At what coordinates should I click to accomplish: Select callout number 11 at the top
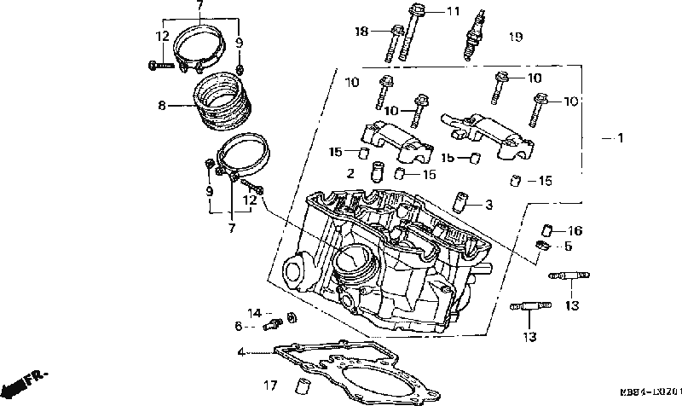point(453,11)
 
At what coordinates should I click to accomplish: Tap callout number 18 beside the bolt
point(361,32)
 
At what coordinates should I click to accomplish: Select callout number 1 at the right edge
point(620,137)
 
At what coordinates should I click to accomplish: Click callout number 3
point(488,205)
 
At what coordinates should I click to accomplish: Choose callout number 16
point(575,230)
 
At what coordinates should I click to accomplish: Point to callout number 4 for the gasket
point(241,351)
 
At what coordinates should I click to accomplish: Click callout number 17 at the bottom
point(269,385)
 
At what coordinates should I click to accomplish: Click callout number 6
point(240,326)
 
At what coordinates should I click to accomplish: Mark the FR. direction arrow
point(26,380)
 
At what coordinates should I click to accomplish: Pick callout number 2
point(350,173)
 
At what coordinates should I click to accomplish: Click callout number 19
point(515,37)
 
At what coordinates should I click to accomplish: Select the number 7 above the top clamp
point(199,6)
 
